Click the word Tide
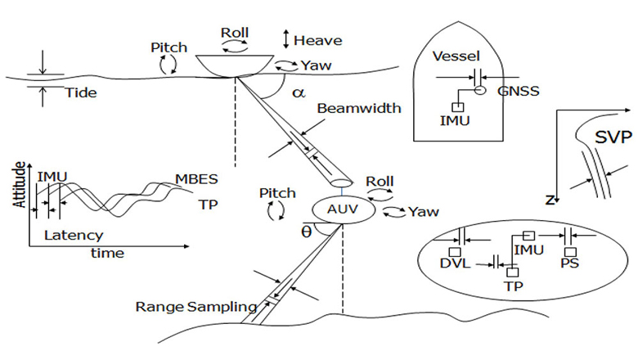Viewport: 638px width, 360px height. point(80,92)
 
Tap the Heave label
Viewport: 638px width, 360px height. point(317,39)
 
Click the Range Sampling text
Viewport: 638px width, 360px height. point(195,307)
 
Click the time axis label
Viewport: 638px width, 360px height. point(107,253)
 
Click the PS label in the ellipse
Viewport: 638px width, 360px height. point(571,265)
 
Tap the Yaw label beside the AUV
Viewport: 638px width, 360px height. point(423,212)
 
